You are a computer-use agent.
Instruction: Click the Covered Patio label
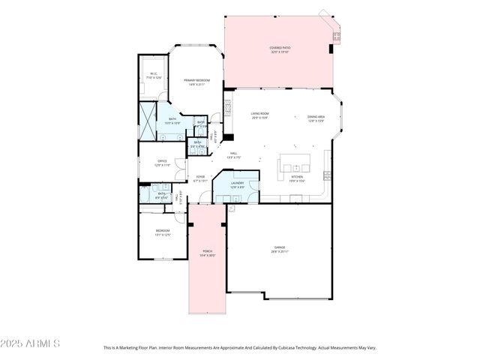click(280, 48)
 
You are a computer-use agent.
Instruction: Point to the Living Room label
click(259, 114)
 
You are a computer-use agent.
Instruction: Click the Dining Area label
click(316, 117)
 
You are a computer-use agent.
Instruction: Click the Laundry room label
click(237, 183)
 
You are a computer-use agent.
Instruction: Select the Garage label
click(279, 247)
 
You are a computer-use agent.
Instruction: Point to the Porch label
click(207, 251)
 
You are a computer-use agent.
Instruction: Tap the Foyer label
click(199, 177)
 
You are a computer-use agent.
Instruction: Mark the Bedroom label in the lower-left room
click(162, 231)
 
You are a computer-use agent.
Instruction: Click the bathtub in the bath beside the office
click(145, 193)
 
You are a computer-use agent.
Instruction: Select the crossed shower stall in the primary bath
click(146, 120)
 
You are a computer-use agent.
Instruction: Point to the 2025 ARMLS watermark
click(31, 343)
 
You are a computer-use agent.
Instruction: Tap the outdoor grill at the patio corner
click(337, 35)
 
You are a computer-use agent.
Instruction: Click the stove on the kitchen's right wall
click(327, 175)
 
